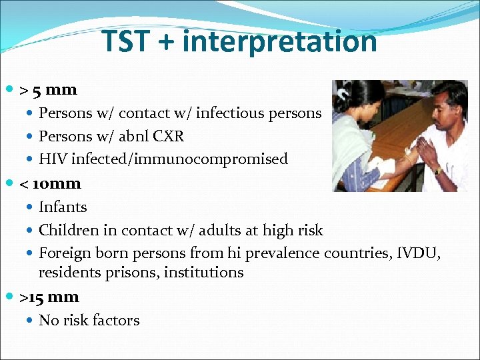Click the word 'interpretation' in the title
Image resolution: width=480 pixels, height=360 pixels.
point(279,41)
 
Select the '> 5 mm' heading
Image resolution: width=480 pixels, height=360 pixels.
point(48,89)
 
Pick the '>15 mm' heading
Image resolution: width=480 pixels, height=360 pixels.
point(49,297)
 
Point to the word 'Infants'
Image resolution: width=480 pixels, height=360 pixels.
point(63,207)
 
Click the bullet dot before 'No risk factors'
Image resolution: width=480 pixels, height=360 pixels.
point(31,321)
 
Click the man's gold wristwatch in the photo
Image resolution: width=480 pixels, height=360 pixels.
point(437,171)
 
